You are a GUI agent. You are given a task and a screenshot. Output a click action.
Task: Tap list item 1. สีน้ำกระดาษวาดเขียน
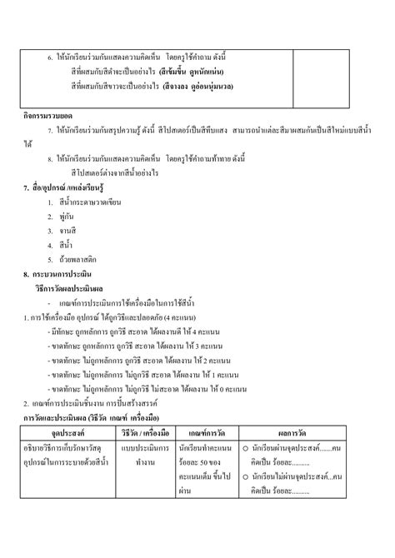[95, 203]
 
